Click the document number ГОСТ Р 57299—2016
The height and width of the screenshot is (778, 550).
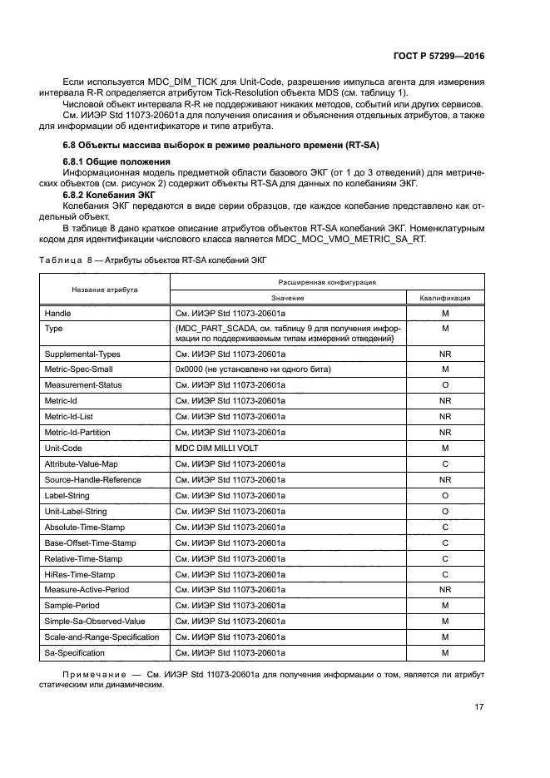point(439,57)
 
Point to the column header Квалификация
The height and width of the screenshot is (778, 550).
point(445,297)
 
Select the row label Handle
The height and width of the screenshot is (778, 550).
point(57,313)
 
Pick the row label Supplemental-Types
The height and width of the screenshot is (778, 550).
point(82,354)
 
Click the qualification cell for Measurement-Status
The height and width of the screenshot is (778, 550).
point(445,384)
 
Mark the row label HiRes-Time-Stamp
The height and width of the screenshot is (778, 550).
point(80,574)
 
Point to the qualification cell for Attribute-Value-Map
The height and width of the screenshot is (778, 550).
point(445,463)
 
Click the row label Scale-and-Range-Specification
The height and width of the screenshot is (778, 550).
point(102,637)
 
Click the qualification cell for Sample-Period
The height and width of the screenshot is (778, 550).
point(445,606)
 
